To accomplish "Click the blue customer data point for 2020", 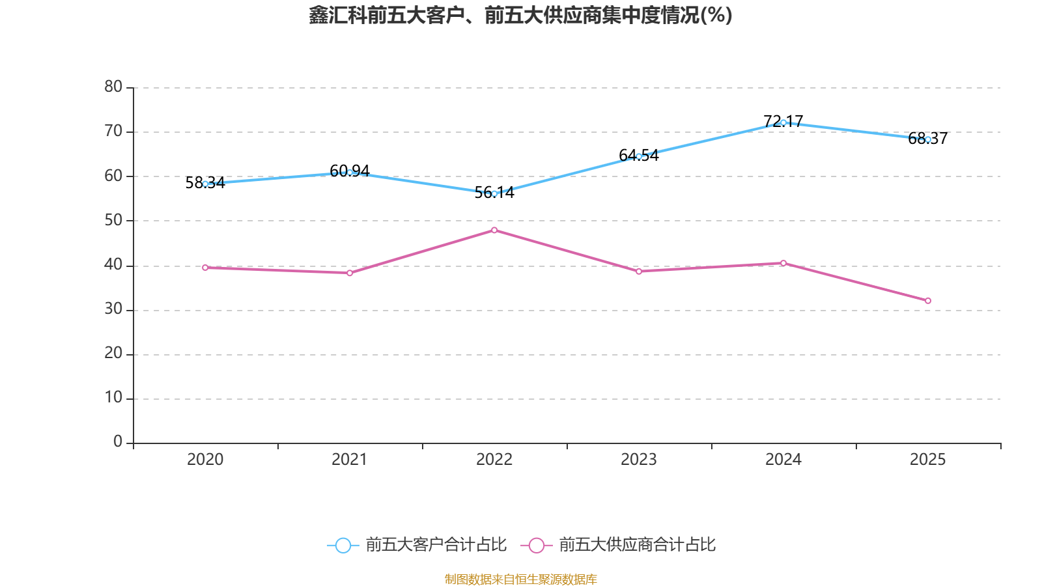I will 205,184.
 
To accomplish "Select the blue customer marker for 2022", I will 494,193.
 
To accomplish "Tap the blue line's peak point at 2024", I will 783,122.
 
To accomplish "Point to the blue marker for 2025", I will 928,139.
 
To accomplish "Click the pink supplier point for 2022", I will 494,230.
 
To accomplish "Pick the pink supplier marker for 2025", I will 928,301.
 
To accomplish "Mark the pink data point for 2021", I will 350,273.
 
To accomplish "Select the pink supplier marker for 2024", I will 783,263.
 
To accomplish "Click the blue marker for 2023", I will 639,156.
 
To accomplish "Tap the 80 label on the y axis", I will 113,87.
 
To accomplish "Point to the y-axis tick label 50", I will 113,220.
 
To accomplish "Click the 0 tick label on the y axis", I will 118,442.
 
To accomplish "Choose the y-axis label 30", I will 113,309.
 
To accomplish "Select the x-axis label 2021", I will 350,460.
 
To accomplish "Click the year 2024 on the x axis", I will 783,460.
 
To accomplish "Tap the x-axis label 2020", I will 205,460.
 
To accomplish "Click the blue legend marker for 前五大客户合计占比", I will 343,545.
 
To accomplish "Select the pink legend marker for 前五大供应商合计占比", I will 536,545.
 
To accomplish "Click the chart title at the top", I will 520,15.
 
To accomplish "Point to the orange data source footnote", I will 520,579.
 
